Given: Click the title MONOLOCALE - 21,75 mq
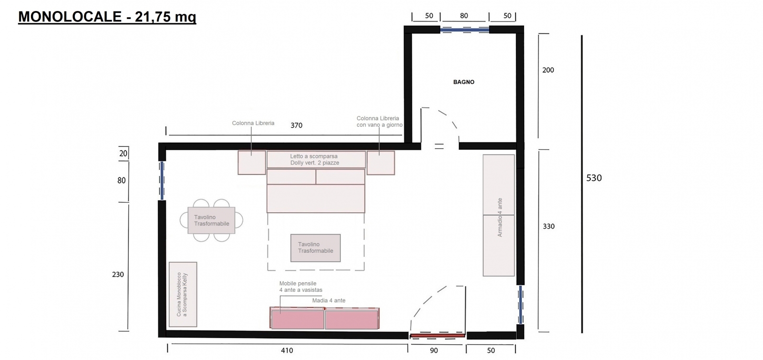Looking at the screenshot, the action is [x=107, y=16].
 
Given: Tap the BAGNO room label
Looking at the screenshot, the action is [x=464, y=82].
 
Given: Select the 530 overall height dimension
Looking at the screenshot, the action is [x=594, y=178].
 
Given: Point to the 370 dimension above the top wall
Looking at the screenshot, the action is [x=296, y=125].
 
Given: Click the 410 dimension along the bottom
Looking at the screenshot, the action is [x=287, y=350].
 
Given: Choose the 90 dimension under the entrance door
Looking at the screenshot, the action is [x=433, y=350].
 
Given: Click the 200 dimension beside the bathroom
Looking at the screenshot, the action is [x=548, y=70].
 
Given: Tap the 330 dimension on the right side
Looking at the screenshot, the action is [x=548, y=226].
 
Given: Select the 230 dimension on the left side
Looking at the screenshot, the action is [x=118, y=275].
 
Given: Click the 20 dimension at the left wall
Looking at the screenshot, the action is [x=123, y=154].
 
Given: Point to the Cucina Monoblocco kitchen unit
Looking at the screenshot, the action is [x=183, y=294].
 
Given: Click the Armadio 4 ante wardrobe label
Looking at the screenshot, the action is [x=500, y=217].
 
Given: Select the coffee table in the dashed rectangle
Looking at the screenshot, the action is [x=315, y=248].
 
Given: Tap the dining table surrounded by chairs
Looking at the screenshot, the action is [x=211, y=220].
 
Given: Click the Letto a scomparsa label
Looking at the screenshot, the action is [x=314, y=159].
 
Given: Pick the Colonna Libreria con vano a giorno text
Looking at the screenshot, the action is [x=380, y=122].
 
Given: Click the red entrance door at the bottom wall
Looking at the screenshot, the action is [x=437, y=336].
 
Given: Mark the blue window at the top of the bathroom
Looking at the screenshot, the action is [x=464, y=30].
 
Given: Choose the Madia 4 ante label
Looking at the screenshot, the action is [x=329, y=300].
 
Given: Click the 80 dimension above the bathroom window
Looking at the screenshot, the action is [x=464, y=16].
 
